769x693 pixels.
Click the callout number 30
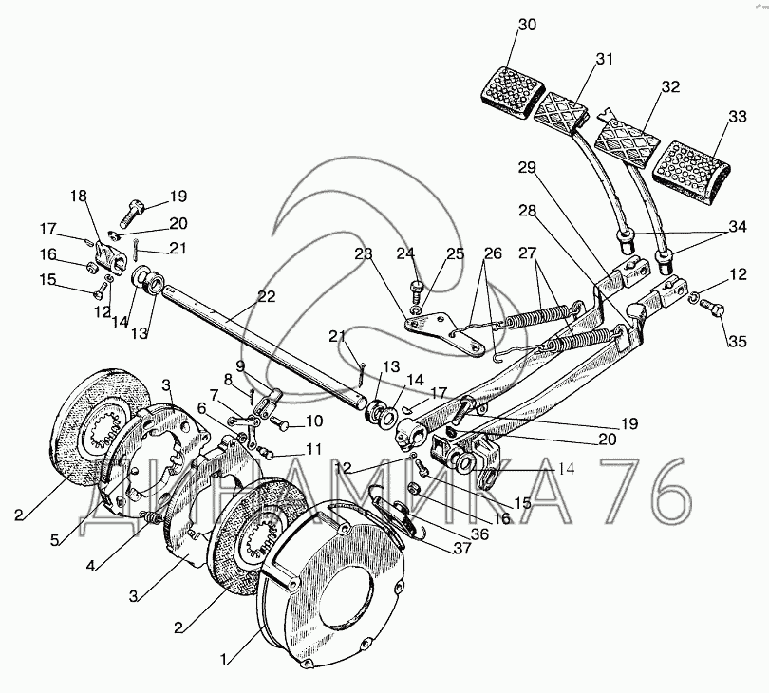(x=527, y=25)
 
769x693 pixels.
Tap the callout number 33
(x=737, y=117)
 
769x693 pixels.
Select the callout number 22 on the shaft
(x=266, y=297)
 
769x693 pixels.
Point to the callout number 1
(x=224, y=660)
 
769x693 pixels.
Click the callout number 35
(x=737, y=341)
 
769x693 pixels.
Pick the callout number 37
(x=462, y=549)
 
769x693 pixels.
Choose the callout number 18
(x=79, y=197)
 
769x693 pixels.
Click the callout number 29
(x=528, y=168)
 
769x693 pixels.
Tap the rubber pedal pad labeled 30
(x=514, y=92)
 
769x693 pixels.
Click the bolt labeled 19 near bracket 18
(x=131, y=215)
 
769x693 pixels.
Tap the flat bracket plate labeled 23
(x=444, y=333)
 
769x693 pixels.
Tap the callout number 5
(x=54, y=540)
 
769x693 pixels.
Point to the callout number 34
(x=737, y=227)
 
